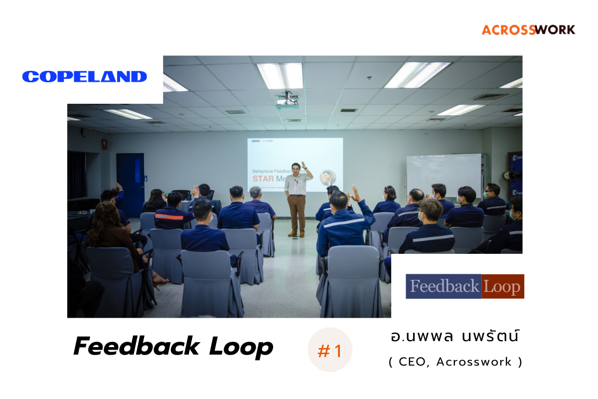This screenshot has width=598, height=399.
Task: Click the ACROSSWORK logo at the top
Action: pos(528,29)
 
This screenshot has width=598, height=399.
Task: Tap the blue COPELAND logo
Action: pos(85,76)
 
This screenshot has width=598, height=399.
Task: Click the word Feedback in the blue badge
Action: pos(443,287)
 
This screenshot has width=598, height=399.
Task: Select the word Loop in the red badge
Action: pos(502,287)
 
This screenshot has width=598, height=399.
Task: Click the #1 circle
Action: pos(330,351)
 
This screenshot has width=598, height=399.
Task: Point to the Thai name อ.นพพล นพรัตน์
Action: pos(455,336)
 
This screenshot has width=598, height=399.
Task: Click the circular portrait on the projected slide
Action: pos(328,178)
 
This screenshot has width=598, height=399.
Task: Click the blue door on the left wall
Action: pos(130,178)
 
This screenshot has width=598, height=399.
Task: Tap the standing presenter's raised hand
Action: pos(303,165)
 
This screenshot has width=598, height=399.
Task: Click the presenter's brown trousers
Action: pos(296,211)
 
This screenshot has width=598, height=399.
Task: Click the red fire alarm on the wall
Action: pos(104,144)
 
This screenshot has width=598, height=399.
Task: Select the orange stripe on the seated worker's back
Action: pos(169,217)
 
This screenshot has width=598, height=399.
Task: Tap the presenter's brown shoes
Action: pos(297,234)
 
